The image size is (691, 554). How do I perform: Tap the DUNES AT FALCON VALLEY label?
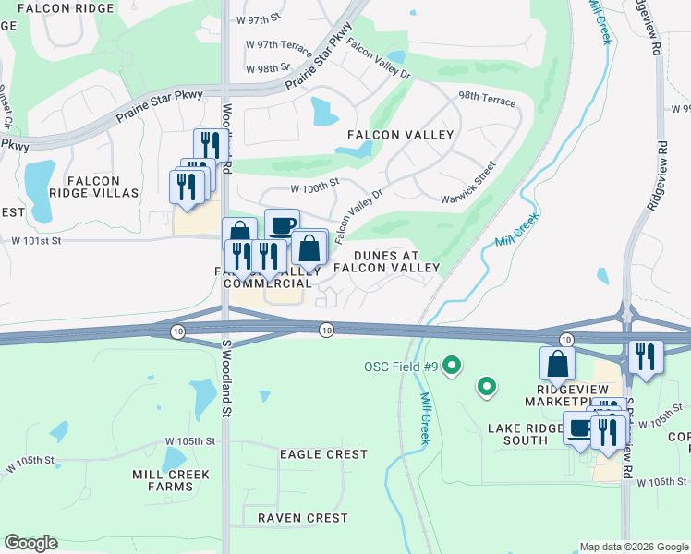386,261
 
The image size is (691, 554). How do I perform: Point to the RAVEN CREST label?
303,518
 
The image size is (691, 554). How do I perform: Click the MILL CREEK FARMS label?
170,481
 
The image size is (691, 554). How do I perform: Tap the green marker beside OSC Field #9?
452,367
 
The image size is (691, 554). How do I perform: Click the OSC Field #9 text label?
399,367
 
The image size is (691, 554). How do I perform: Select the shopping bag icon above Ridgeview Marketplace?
557,363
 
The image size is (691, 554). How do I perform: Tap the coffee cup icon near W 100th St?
282,224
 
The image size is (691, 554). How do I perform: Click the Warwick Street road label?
468,185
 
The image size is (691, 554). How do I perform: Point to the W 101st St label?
36,241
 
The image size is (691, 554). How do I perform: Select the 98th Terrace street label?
487,100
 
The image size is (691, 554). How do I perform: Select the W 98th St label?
268,68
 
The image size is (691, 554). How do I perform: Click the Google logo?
30,543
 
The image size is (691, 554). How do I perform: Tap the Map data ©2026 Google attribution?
634,547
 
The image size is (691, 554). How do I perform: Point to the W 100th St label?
315,187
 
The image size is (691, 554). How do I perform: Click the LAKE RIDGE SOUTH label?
526,434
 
